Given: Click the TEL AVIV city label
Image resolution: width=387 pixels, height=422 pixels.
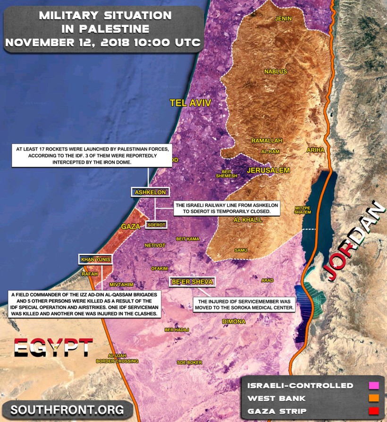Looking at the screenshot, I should point(190,103).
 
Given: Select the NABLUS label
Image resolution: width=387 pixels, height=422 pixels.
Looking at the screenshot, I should point(276,71).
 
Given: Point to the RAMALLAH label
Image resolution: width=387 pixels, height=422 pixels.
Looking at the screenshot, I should point(267,141).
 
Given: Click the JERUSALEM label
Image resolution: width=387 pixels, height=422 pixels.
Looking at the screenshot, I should point(268,170).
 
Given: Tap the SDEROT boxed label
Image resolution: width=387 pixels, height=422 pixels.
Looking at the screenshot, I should point(156,225).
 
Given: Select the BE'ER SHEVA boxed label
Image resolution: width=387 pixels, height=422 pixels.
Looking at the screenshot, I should point(193,282).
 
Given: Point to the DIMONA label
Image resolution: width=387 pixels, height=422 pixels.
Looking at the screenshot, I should point(234,321).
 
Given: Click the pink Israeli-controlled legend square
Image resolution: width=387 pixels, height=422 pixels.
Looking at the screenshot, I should point(374,386).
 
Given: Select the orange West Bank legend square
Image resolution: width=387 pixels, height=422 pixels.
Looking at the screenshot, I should point(374,398).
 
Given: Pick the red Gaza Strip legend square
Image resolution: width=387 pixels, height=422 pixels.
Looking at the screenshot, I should point(374,411).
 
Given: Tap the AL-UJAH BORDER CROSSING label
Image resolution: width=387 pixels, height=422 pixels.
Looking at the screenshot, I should point(117,358).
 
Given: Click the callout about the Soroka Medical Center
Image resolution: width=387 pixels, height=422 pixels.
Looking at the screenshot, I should point(244,304).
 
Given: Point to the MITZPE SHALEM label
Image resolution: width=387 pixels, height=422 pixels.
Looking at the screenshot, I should point(303,210).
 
